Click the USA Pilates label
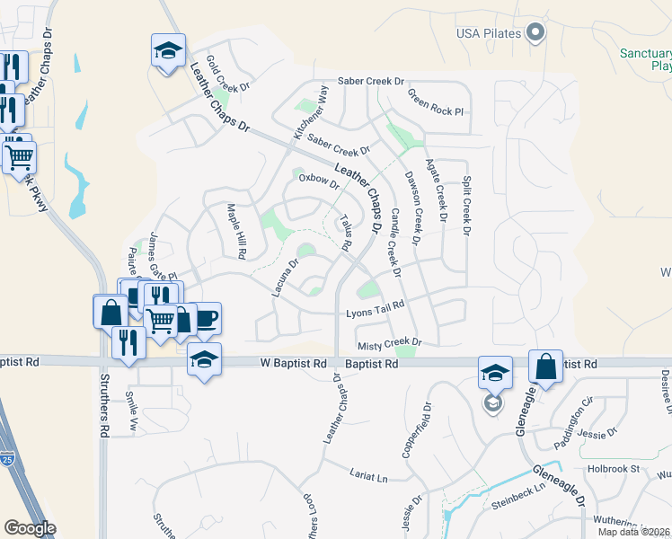489,34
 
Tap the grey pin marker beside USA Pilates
536,32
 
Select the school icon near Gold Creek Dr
167,53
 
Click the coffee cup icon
205,318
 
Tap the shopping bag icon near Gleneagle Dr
546,366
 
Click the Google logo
30,528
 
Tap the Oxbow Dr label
319,181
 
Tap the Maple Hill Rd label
236,231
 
